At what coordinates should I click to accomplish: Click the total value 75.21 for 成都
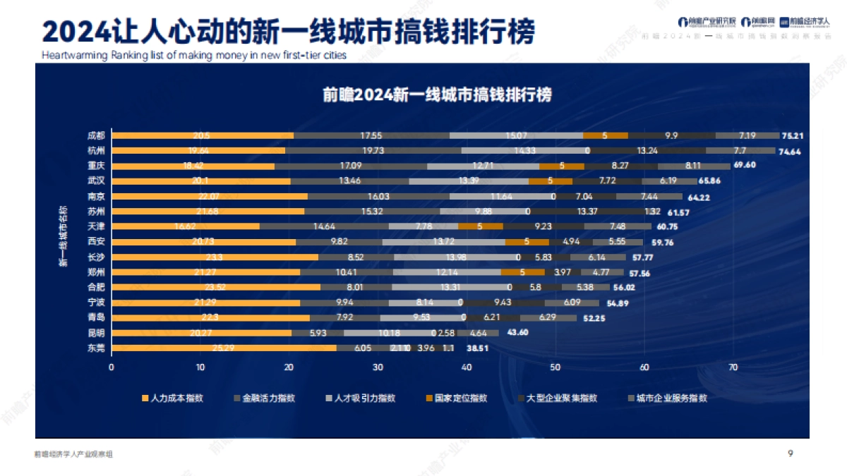pos(795,135)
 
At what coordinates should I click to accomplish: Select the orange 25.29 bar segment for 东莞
pos(224,348)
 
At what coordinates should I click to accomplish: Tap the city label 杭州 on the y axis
pos(96,150)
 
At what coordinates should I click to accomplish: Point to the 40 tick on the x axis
pos(467,367)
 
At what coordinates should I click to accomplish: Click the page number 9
pos(790,454)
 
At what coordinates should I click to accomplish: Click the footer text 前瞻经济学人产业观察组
pos(73,455)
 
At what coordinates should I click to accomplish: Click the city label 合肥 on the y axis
pos(96,287)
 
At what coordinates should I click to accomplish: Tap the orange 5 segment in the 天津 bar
pos(480,226)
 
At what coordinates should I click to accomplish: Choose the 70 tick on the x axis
pos(733,367)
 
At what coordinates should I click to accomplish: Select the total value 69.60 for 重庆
pos(745,166)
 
